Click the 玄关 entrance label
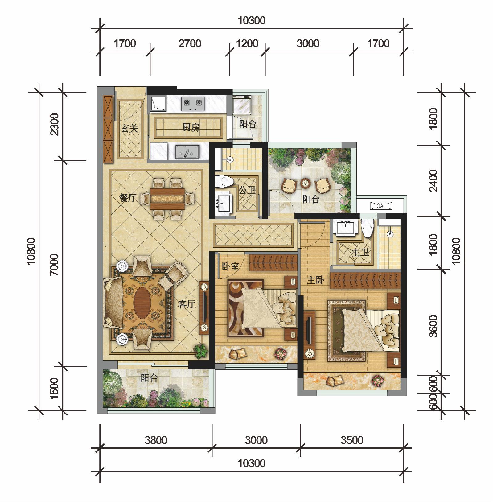tap(130, 128)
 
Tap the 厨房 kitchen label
tap(191, 127)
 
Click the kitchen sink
tap(187, 152)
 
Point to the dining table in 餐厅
tap(168, 199)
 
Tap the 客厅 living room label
tap(187, 304)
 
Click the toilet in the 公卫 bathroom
tap(224, 181)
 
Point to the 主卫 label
tap(360, 253)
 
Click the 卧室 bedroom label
tap(230, 266)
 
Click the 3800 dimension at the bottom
tap(156, 440)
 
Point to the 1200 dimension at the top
tap(247, 43)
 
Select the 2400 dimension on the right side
tap(433, 181)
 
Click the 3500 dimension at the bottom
tap(352, 440)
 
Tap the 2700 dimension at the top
tap(190, 43)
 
